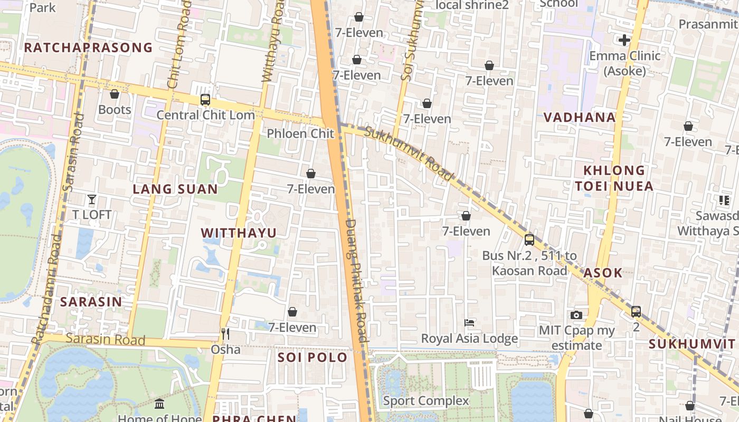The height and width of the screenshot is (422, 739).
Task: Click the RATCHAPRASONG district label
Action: (88, 47)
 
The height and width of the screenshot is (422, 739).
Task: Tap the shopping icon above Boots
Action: (115, 94)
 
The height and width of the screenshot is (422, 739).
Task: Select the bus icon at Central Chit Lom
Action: (205, 100)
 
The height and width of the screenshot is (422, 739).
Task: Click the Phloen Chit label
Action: (300, 133)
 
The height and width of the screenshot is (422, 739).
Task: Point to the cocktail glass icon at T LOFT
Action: (92, 199)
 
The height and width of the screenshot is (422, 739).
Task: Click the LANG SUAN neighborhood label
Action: (175, 189)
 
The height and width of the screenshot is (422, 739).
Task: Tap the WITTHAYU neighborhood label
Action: (239, 233)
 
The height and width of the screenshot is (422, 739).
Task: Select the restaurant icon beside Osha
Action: (225, 334)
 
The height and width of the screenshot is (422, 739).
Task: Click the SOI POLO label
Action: (312, 357)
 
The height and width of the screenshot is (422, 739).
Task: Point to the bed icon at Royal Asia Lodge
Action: (469, 323)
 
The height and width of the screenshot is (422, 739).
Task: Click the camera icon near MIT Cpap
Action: (576, 315)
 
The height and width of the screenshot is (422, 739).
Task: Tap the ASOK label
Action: (603, 273)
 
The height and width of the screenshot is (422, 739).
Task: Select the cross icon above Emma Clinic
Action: (624, 40)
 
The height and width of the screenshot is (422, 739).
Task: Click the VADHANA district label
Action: (580, 117)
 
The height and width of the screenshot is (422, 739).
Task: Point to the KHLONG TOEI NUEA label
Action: (614, 178)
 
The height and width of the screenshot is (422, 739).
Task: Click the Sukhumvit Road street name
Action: (409, 154)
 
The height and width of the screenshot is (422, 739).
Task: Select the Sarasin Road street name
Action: (105, 339)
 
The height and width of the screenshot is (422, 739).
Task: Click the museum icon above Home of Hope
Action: (159, 405)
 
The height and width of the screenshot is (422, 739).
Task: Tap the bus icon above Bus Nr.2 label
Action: (529, 240)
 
